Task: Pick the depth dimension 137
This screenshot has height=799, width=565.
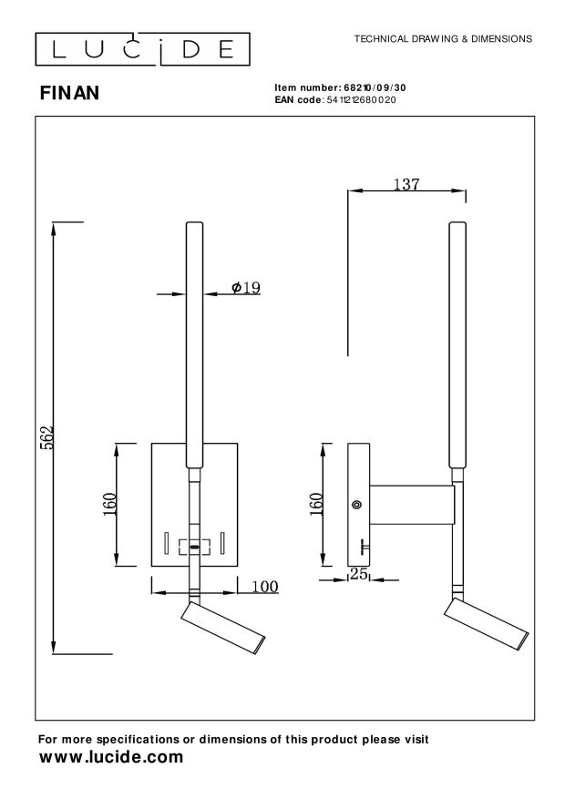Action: click(406, 184)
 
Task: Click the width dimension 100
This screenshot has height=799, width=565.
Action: click(263, 587)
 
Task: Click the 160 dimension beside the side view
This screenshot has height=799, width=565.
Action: click(317, 504)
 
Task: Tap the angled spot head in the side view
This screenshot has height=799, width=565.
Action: click(485, 627)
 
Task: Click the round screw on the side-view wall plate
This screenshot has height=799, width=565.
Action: click(356, 504)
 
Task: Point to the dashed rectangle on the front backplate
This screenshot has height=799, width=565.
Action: click(194, 547)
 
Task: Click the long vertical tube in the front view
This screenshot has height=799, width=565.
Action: click(194, 346)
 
